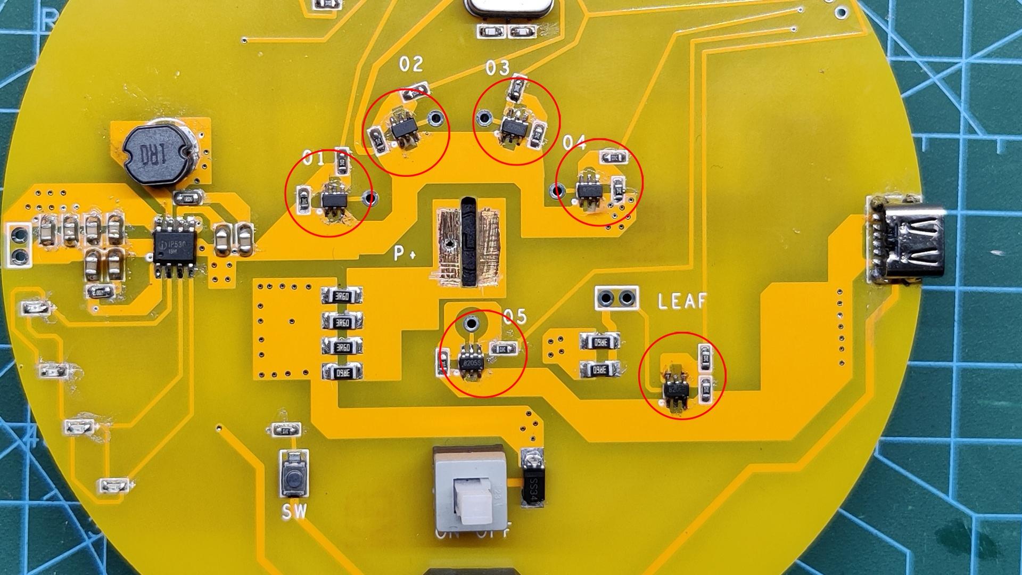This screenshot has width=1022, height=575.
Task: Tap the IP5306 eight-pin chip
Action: coord(175,247)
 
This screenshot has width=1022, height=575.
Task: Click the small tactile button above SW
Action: coord(293,476)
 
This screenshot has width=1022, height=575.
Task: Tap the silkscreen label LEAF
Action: coord(682,301)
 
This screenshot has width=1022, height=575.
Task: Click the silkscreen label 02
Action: coord(411,64)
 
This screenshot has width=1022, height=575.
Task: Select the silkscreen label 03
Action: coord(497,68)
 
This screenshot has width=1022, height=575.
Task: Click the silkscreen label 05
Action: coord(514,317)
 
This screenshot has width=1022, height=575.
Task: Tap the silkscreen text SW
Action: coord(294,512)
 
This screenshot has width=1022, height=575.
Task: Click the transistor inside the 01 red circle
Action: coord(334,200)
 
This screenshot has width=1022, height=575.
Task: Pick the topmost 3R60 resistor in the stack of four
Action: coord(342,295)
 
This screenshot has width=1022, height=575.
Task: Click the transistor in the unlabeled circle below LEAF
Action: coord(677,390)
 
